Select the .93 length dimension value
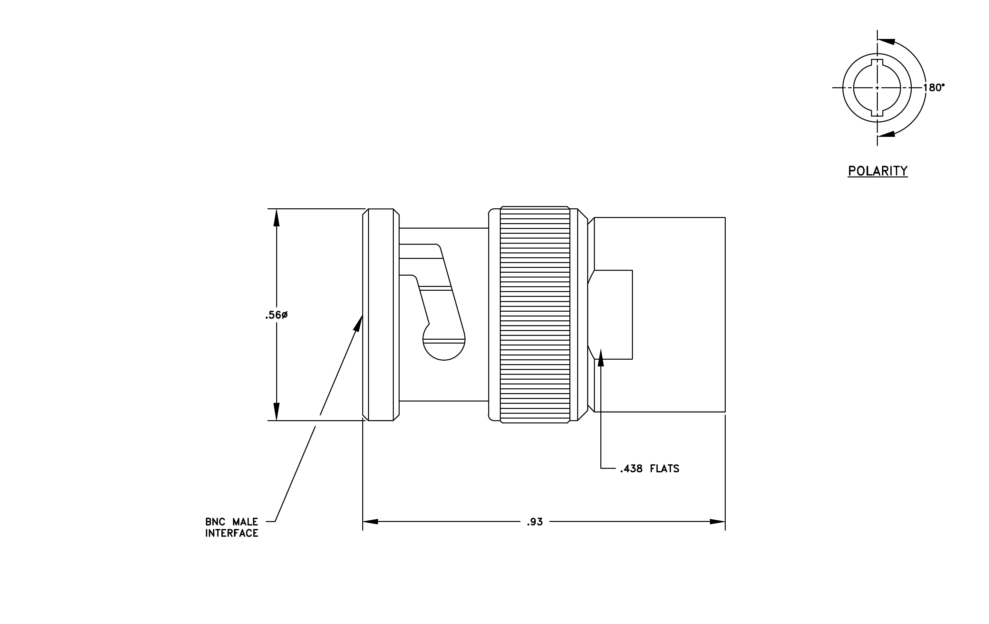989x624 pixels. pyautogui.click(x=535, y=522)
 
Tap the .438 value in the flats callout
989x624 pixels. pyautogui.click(x=631, y=468)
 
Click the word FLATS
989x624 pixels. pyautogui.click(x=664, y=468)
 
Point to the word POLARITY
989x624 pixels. pyautogui.click(x=878, y=171)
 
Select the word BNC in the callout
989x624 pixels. pyautogui.click(x=216, y=522)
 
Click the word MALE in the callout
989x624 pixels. pyautogui.click(x=245, y=522)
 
